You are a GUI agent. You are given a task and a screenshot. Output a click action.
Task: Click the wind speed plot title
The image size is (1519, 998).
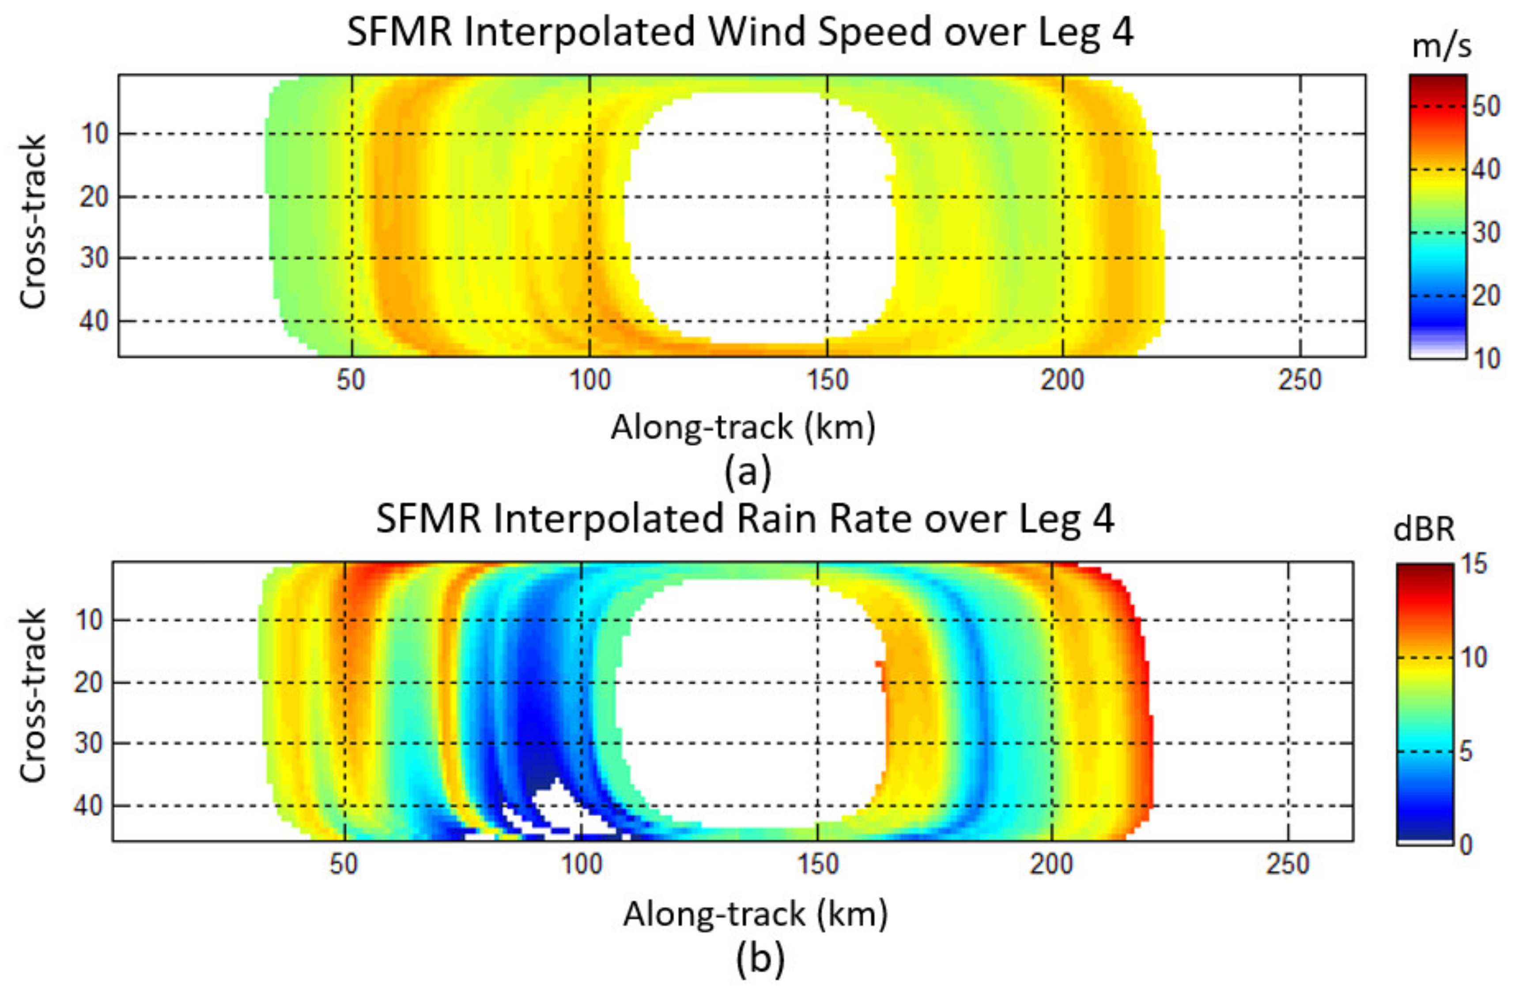[x=741, y=32]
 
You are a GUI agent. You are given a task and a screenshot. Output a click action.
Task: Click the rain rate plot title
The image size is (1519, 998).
[x=745, y=519]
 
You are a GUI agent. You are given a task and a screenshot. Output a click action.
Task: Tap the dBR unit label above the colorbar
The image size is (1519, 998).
[x=1424, y=529]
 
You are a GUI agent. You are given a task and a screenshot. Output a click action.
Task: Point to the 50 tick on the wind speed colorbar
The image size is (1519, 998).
[x=1486, y=106]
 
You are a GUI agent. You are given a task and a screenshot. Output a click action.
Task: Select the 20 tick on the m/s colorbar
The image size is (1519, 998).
[x=1486, y=295]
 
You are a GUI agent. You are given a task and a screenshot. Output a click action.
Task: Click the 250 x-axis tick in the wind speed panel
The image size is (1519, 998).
[x=1300, y=380]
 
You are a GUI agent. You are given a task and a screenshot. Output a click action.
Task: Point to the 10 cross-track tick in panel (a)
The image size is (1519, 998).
[x=94, y=134]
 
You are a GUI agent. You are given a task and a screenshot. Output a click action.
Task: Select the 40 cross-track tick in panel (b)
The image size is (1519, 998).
[x=89, y=806]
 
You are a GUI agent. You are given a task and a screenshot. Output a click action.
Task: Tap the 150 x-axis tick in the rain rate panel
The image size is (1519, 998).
[x=818, y=865]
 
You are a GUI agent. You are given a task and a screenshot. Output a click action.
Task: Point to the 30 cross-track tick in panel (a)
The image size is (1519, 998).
[x=94, y=258]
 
